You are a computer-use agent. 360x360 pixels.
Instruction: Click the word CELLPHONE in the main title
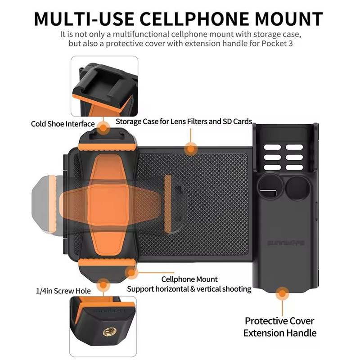(194, 19)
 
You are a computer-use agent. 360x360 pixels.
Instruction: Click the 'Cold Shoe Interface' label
(63, 124)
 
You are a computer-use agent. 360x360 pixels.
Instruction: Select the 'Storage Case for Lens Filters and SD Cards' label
(184, 121)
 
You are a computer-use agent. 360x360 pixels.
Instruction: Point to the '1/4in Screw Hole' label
(63, 291)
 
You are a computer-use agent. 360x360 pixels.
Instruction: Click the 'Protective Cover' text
(279, 321)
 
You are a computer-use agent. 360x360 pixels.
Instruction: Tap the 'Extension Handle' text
(279, 333)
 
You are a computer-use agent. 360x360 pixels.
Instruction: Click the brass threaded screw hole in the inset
(109, 332)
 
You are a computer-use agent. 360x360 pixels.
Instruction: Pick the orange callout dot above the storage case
(190, 149)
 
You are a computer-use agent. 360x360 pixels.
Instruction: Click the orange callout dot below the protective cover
(282, 293)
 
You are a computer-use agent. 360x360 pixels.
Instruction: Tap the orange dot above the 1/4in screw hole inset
(103, 285)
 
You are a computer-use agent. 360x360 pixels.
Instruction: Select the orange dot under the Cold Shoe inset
(103, 128)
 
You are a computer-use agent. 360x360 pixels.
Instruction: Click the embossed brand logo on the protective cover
(286, 243)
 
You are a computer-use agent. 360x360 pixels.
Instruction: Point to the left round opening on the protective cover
(270, 188)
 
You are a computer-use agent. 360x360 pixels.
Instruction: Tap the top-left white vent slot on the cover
(272, 147)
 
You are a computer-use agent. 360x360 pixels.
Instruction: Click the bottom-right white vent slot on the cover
(294, 167)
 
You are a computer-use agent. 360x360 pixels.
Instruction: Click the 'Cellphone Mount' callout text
(189, 279)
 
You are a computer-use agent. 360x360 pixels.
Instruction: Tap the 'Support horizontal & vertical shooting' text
(189, 289)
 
